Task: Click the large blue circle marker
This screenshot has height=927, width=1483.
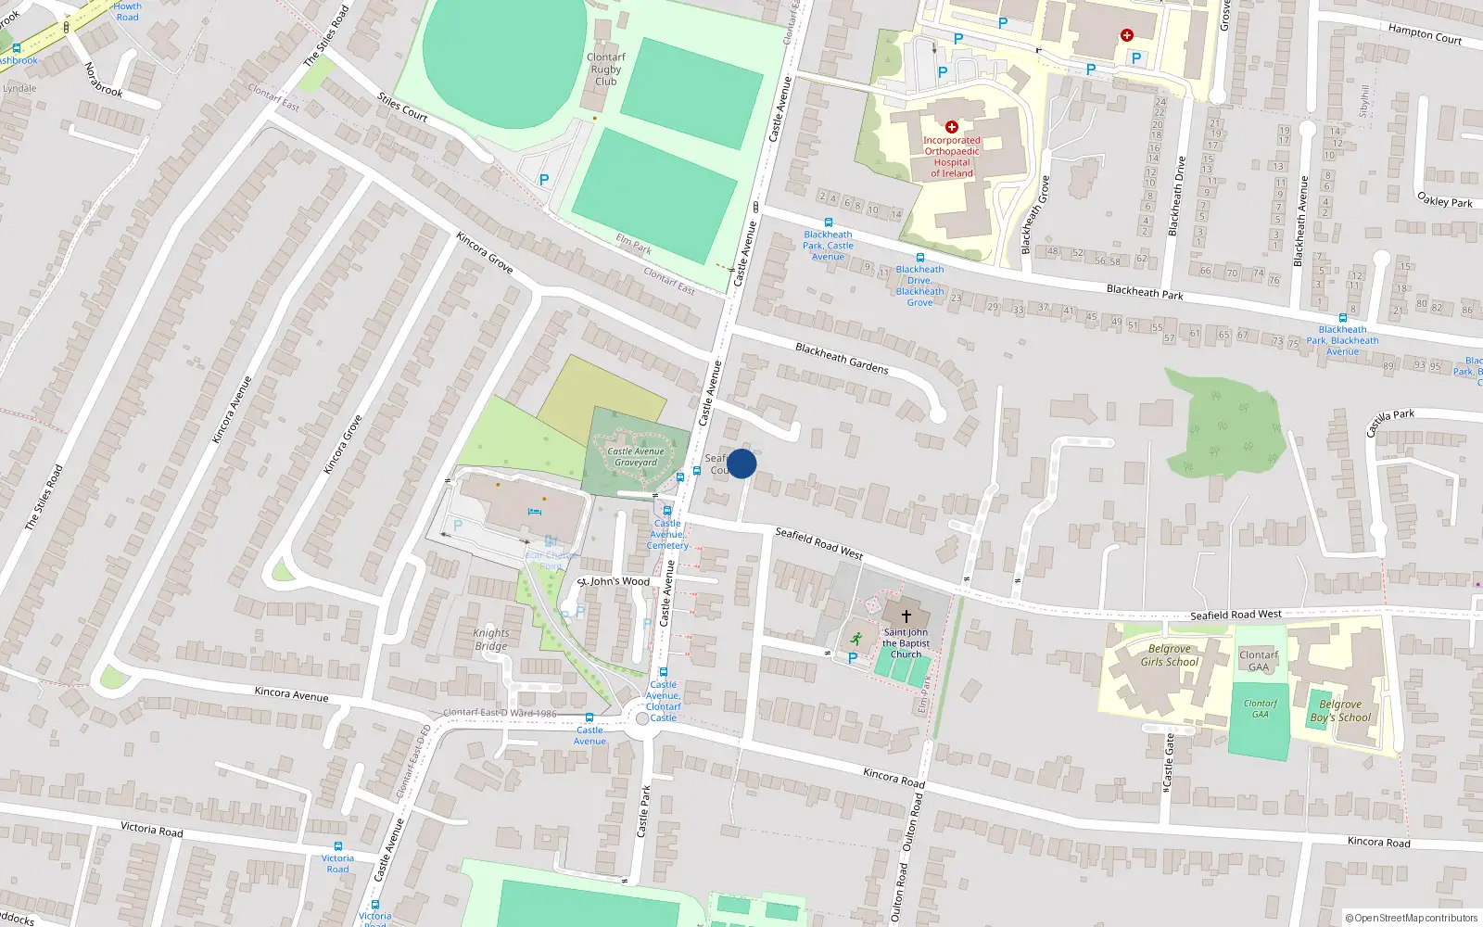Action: tap(741, 463)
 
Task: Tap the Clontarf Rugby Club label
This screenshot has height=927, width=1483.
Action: tap(606, 70)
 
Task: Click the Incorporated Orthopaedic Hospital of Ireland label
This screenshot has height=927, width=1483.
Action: tap(952, 157)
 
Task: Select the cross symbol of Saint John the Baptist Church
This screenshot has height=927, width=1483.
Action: tap(906, 616)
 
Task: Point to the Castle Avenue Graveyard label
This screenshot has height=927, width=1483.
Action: tap(636, 457)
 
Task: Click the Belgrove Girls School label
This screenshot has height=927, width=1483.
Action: tap(1170, 655)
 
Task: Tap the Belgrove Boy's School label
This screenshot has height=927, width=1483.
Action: tap(1340, 711)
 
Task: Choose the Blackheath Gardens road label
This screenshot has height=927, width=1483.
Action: tap(842, 358)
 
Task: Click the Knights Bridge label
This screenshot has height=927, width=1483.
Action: tap(491, 640)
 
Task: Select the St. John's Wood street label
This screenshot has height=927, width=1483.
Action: tap(615, 582)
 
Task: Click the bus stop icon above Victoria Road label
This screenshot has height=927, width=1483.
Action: tap(337, 846)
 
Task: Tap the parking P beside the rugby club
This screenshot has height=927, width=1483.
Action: tap(544, 181)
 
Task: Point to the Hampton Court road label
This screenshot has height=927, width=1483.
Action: tap(1425, 34)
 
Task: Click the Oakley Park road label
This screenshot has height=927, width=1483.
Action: tap(1445, 199)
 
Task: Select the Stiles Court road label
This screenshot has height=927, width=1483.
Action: tap(402, 108)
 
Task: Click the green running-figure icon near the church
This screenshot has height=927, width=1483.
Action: tap(856, 639)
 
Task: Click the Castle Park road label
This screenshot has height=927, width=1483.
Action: tap(644, 812)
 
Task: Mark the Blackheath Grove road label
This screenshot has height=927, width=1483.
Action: tap(1035, 215)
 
